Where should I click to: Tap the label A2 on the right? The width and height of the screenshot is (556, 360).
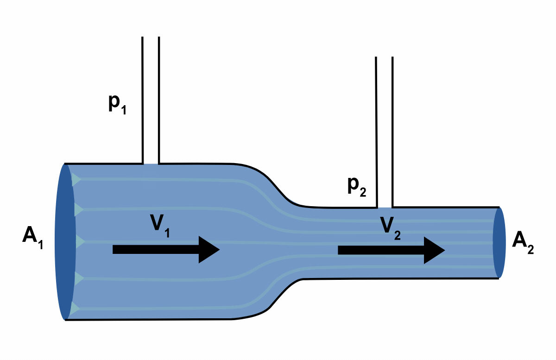523,242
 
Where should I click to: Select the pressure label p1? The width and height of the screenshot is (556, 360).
117,105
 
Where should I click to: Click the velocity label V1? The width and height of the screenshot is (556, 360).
159,225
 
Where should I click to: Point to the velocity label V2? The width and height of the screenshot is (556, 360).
390,227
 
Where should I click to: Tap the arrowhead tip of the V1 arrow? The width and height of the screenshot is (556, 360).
219,250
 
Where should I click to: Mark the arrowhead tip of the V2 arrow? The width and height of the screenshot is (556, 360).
444,250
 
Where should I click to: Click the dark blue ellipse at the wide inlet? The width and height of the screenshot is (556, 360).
65,241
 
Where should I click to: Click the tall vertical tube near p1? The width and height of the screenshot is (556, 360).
151,100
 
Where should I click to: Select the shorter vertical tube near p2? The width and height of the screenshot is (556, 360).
385,132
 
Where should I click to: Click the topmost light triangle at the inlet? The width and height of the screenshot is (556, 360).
76,179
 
